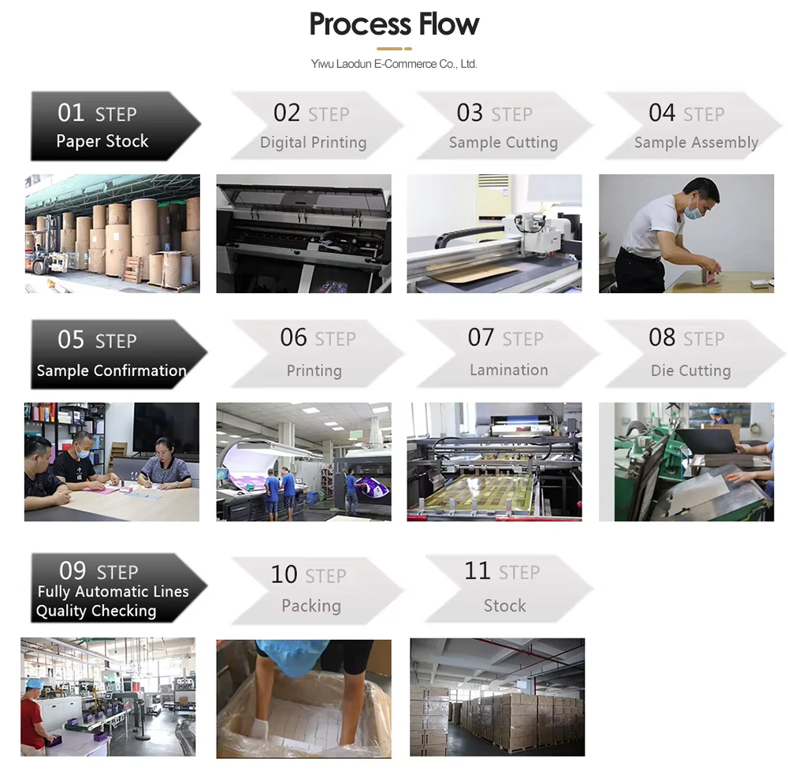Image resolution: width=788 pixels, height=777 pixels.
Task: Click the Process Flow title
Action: (x=394, y=24)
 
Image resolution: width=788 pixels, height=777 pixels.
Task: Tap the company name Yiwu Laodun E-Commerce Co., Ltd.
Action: (x=394, y=64)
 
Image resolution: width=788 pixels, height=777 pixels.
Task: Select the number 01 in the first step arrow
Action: (x=71, y=113)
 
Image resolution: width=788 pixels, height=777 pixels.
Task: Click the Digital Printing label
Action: (x=313, y=143)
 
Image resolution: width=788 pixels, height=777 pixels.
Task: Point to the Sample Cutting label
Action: (x=503, y=143)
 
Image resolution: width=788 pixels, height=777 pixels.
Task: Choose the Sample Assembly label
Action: (x=696, y=143)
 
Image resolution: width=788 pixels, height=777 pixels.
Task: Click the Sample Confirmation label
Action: (x=111, y=370)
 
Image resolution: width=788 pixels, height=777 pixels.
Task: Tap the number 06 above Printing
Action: (x=293, y=338)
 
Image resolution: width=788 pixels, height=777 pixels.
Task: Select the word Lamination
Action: (x=508, y=370)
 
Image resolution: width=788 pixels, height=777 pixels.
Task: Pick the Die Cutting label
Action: (x=690, y=370)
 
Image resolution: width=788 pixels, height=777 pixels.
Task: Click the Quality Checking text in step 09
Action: (x=96, y=611)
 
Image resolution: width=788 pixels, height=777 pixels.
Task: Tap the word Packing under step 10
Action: (x=311, y=605)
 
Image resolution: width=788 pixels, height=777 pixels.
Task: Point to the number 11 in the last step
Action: (x=478, y=571)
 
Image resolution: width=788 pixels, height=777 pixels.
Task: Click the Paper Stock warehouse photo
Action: (x=112, y=233)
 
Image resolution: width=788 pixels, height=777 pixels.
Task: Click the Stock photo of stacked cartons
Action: (x=497, y=697)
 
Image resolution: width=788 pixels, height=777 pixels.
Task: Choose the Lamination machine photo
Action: (x=494, y=462)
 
